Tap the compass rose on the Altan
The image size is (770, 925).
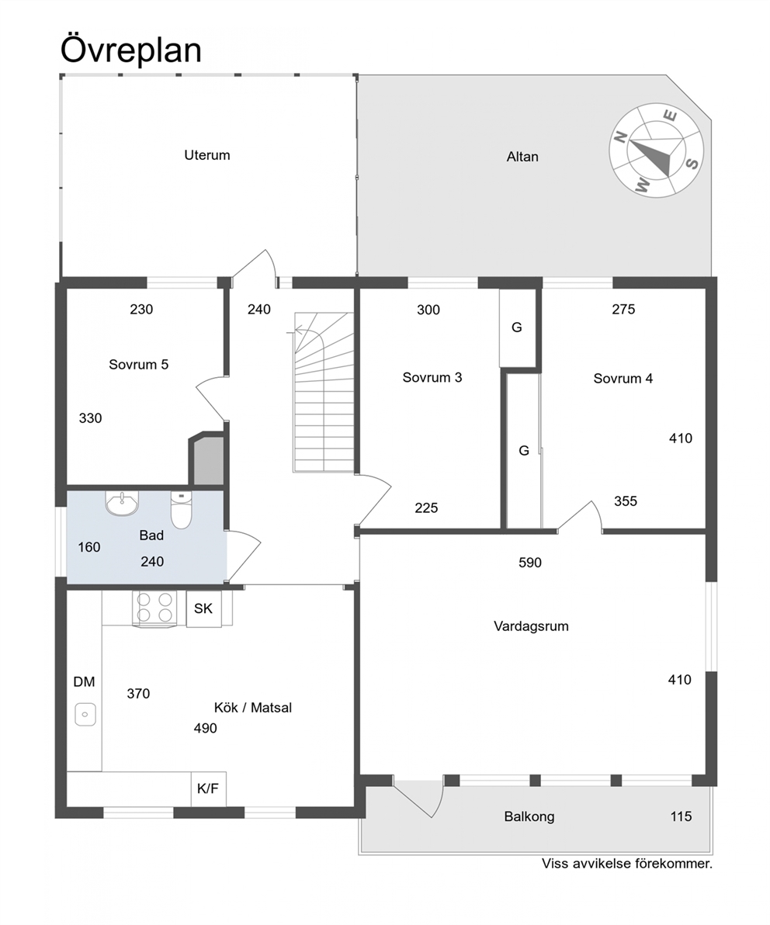tap(656, 151)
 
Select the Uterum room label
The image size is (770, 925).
tap(207, 155)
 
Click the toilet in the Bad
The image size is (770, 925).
tap(181, 510)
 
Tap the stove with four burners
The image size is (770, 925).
tap(154, 608)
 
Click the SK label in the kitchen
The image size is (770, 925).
tap(203, 608)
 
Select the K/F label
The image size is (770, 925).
tap(208, 788)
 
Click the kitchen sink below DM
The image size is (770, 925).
tap(85, 715)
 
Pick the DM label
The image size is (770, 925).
tap(84, 682)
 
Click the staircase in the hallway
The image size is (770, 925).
tap(324, 393)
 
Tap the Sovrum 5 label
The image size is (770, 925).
tap(139, 365)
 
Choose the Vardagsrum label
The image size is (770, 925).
tap(531, 626)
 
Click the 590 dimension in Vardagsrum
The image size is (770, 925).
tap(530, 563)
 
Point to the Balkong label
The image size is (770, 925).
tap(529, 817)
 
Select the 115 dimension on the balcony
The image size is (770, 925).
tap(681, 816)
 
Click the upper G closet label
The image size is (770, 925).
tap(517, 327)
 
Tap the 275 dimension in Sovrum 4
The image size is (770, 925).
tap(623, 309)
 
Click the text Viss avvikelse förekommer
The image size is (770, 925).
tap(627, 864)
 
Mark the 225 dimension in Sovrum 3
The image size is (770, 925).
tap(427, 508)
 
